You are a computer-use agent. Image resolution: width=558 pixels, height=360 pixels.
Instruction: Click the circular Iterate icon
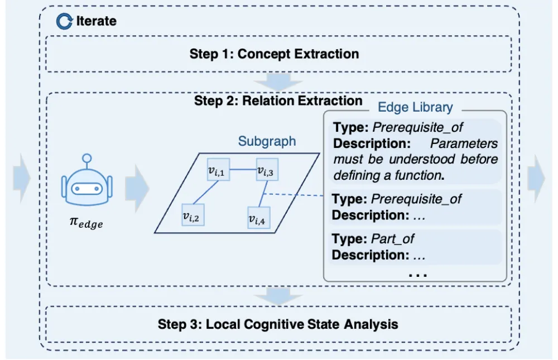[64, 21]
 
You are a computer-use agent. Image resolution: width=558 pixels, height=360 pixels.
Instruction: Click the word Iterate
[97, 21]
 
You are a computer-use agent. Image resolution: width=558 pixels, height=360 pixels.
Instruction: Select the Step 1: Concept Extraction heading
[274, 54]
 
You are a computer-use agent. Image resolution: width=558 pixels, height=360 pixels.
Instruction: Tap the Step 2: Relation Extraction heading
[278, 101]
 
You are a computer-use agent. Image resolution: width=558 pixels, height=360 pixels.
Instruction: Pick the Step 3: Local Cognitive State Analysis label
[278, 324]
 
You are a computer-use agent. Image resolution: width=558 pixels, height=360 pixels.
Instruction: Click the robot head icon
[87, 180]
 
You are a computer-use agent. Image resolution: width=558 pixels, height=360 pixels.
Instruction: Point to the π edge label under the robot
[86, 223]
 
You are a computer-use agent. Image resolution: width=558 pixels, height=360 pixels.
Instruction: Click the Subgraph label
[267, 141]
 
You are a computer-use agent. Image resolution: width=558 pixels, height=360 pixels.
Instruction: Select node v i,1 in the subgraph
[218, 170]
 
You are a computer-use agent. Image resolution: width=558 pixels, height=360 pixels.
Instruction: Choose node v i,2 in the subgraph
[193, 215]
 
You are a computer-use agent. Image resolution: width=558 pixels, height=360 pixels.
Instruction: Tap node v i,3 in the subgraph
[267, 170]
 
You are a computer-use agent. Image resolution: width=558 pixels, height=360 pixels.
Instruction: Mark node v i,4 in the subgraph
[259, 217]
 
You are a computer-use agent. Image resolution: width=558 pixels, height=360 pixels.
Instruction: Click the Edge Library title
[415, 107]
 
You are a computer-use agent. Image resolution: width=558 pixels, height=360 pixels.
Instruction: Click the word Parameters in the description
[464, 143]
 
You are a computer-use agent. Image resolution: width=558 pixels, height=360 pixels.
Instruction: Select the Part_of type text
[393, 239]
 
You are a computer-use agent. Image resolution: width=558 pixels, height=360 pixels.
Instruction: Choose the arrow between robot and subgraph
[137, 188]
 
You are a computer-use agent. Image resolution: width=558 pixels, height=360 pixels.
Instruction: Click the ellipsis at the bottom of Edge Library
[418, 275]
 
